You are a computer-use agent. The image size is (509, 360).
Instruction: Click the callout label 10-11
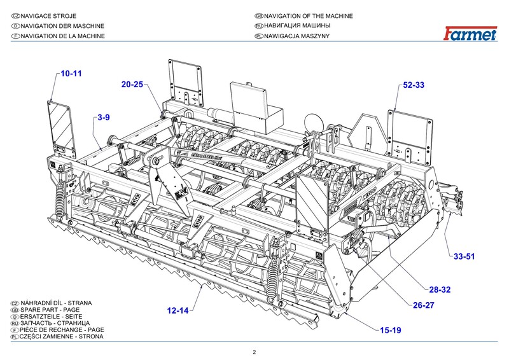(x=71, y=74)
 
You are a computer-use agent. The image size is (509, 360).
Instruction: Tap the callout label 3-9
(x=104, y=118)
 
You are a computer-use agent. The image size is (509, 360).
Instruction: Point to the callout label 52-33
(x=414, y=85)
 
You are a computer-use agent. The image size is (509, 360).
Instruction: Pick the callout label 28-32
(x=440, y=289)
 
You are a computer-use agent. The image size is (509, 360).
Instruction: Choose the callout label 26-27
(x=426, y=305)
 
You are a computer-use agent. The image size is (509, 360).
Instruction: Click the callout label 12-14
(x=178, y=311)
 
